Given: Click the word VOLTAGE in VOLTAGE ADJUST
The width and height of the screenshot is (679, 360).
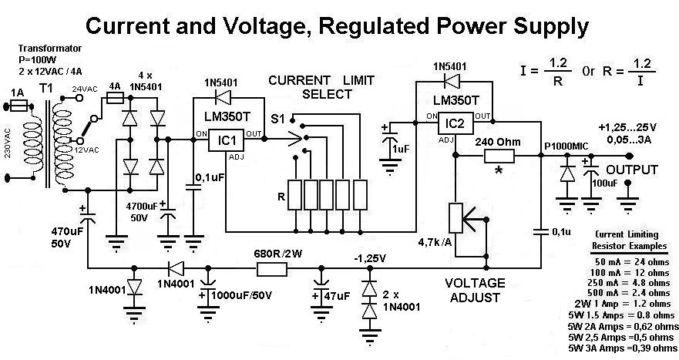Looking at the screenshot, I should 475,283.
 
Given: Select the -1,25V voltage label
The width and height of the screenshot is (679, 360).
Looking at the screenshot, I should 368,256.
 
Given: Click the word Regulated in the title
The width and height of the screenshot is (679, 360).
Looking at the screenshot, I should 366,27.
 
